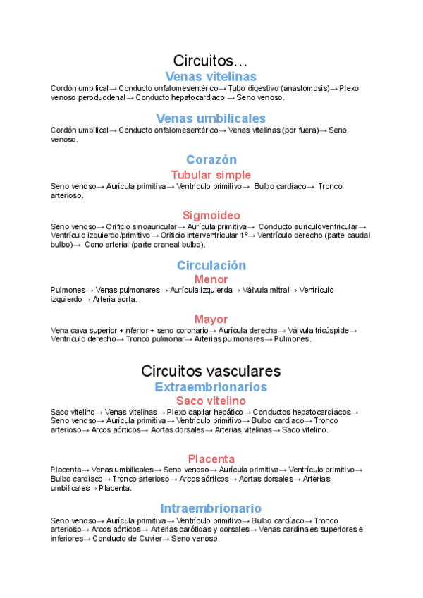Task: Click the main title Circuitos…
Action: (x=211, y=61)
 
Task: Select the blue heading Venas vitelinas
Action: (x=211, y=76)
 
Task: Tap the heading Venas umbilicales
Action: (x=211, y=118)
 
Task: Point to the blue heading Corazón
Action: (x=211, y=160)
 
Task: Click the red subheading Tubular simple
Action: (x=211, y=175)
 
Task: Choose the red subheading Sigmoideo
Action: (x=211, y=215)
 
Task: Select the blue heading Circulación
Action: (x=211, y=265)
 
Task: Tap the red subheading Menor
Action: (x=211, y=279)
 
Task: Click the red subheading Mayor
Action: (x=211, y=319)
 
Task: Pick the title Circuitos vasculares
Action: (x=211, y=371)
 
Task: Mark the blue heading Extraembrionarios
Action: (x=211, y=387)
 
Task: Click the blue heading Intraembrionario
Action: (x=211, y=508)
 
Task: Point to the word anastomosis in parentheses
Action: (x=304, y=88)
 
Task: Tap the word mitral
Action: (x=278, y=290)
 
